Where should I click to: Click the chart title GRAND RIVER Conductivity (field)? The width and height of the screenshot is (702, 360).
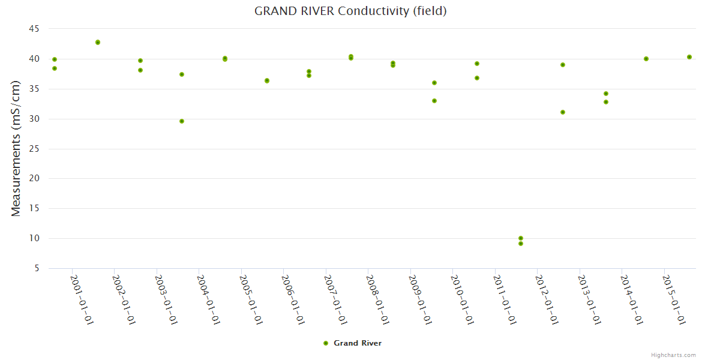tap(350, 11)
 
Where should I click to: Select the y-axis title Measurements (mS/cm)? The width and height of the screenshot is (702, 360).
tap(16, 148)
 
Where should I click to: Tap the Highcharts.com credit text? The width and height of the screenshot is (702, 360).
tap(673, 355)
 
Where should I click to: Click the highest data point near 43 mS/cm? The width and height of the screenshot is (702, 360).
tap(98, 43)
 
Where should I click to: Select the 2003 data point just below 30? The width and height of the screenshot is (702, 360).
tap(182, 121)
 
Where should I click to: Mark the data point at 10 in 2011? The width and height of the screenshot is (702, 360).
tap(521, 238)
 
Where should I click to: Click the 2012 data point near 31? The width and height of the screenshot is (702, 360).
tap(563, 112)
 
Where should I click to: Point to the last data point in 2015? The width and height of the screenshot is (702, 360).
tap(689, 57)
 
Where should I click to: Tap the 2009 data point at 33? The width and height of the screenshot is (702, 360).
tap(434, 101)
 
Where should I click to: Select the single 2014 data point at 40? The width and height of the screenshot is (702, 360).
tap(646, 59)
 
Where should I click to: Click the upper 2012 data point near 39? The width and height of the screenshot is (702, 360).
tap(563, 65)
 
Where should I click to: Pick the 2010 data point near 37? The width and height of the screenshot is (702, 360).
tap(477, 78)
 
